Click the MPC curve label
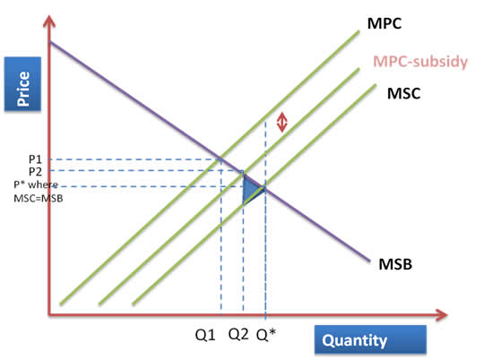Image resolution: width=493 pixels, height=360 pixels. pyautogui.click(x=385, y=23)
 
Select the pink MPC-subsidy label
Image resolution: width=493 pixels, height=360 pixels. pyautogui.click(x=420, y=61)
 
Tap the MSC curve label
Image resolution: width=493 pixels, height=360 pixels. pyautogui.click(x=403, y=93)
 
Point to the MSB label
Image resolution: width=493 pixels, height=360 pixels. pyautogui.click(x=395, y=264)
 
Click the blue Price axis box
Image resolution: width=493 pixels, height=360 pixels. pyautogui.click(x=22, y=84)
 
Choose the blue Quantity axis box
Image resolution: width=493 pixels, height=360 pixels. pyautogui.click(x=370, y=339)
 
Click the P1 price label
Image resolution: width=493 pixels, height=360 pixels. pyautogui.click(x=35, y=159)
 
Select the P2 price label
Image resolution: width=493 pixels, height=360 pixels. pyautogui.click(x=35, y=172)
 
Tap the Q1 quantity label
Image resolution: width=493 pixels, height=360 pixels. pyautogui.click(x=205, y=335)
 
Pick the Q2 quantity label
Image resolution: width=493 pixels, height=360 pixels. pyautogui.click(x=238, y=334)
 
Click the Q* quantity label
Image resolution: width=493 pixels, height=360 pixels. pyautogui.click(x=266, y=335)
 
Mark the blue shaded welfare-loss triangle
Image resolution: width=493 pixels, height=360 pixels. pyautogui.click(x=251, y=190)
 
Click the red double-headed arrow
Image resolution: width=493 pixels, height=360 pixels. pyautogui.click(x=282, y=122)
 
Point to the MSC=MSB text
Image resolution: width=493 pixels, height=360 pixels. pyautogui.click(x=39, y=198)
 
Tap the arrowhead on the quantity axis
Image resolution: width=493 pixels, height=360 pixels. pyautogui.click(x=441, y=314)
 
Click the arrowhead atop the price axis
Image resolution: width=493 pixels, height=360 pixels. pyautogui.click(x=49, y=21)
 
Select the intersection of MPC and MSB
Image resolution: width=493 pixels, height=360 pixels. pyautogui.click(x=221, y=159)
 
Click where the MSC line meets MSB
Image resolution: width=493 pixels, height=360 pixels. pyautogui.click(x=264, y=188)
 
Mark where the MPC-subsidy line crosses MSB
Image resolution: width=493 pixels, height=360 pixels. pyautogui.click(x=243, y=173)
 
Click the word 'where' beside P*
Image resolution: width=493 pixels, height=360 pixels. pyautogui.click(x=43, y=184)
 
